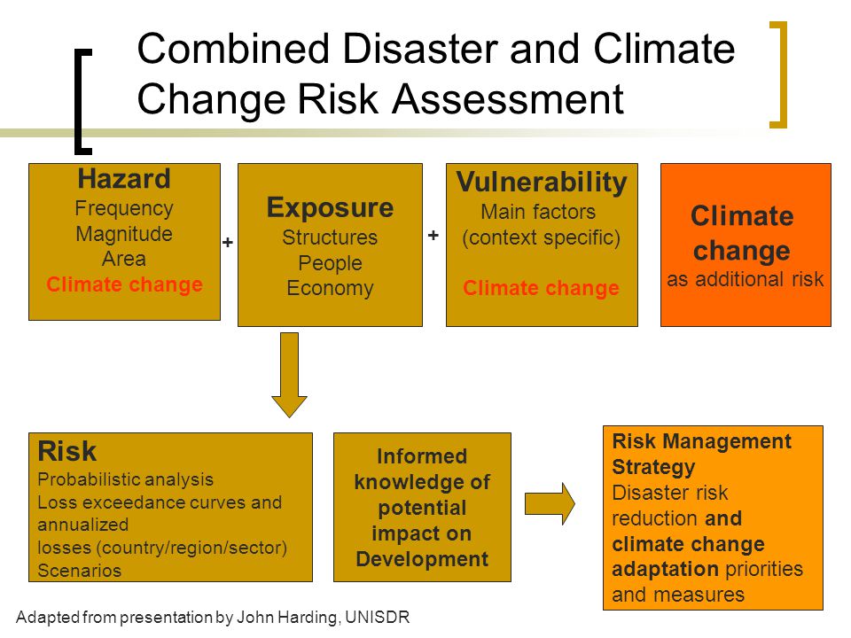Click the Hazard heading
[124, 178]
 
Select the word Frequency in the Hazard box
[124, 208]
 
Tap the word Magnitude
[124, 234]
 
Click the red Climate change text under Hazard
[124, 284]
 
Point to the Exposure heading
[330, 207]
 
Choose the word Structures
[330, 237]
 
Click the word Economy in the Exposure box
[330, 288]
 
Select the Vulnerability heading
[542, 183]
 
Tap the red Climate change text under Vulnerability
[541, 287]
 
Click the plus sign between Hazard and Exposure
[228, 242]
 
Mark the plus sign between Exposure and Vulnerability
[433, 235]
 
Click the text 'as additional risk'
[746, 279]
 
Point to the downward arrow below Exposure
[289, 375]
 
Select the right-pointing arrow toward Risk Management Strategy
[550, 503]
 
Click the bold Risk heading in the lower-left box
[67, 451]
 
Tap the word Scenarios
[79, 570]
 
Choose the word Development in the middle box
[422, 559]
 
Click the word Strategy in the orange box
[653, 467]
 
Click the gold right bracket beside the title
[782, 74]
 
